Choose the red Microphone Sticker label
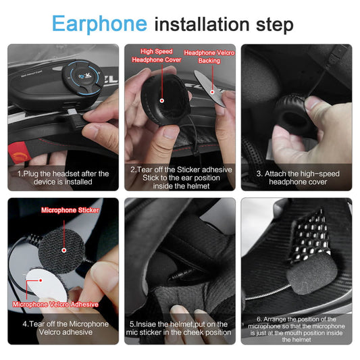click(70, 210)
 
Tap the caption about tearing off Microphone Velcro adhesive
click(63, 328)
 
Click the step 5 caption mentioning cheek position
click(180, 328)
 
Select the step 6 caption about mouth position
click(297, 329)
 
